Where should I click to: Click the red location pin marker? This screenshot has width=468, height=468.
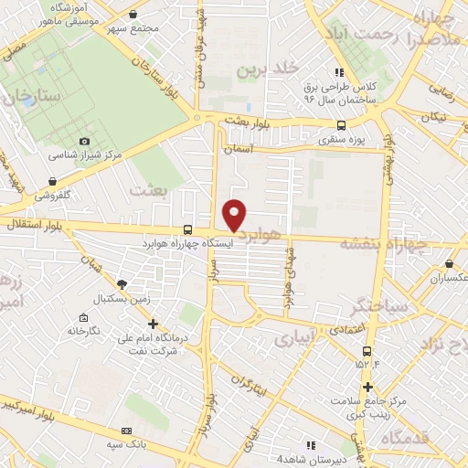[235, 214]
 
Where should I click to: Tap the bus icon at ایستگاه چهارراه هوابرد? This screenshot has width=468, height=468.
[187, 229]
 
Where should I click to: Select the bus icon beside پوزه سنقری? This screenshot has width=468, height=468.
[341, 126]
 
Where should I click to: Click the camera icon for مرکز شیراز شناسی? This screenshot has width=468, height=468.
[85, 142]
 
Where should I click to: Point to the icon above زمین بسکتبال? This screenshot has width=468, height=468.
[122, 284]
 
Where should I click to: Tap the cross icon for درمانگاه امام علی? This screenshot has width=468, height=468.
[153, 323]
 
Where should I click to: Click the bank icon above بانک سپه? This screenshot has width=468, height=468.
[126, 430]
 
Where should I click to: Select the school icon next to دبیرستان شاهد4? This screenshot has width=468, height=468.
[312, 444]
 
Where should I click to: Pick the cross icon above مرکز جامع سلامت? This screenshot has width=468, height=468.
[367, 385]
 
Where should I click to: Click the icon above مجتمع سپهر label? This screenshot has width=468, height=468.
[134, 15]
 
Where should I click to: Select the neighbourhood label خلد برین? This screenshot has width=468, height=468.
[268, 69]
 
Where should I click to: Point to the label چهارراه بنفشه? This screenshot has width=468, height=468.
[376, 243]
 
